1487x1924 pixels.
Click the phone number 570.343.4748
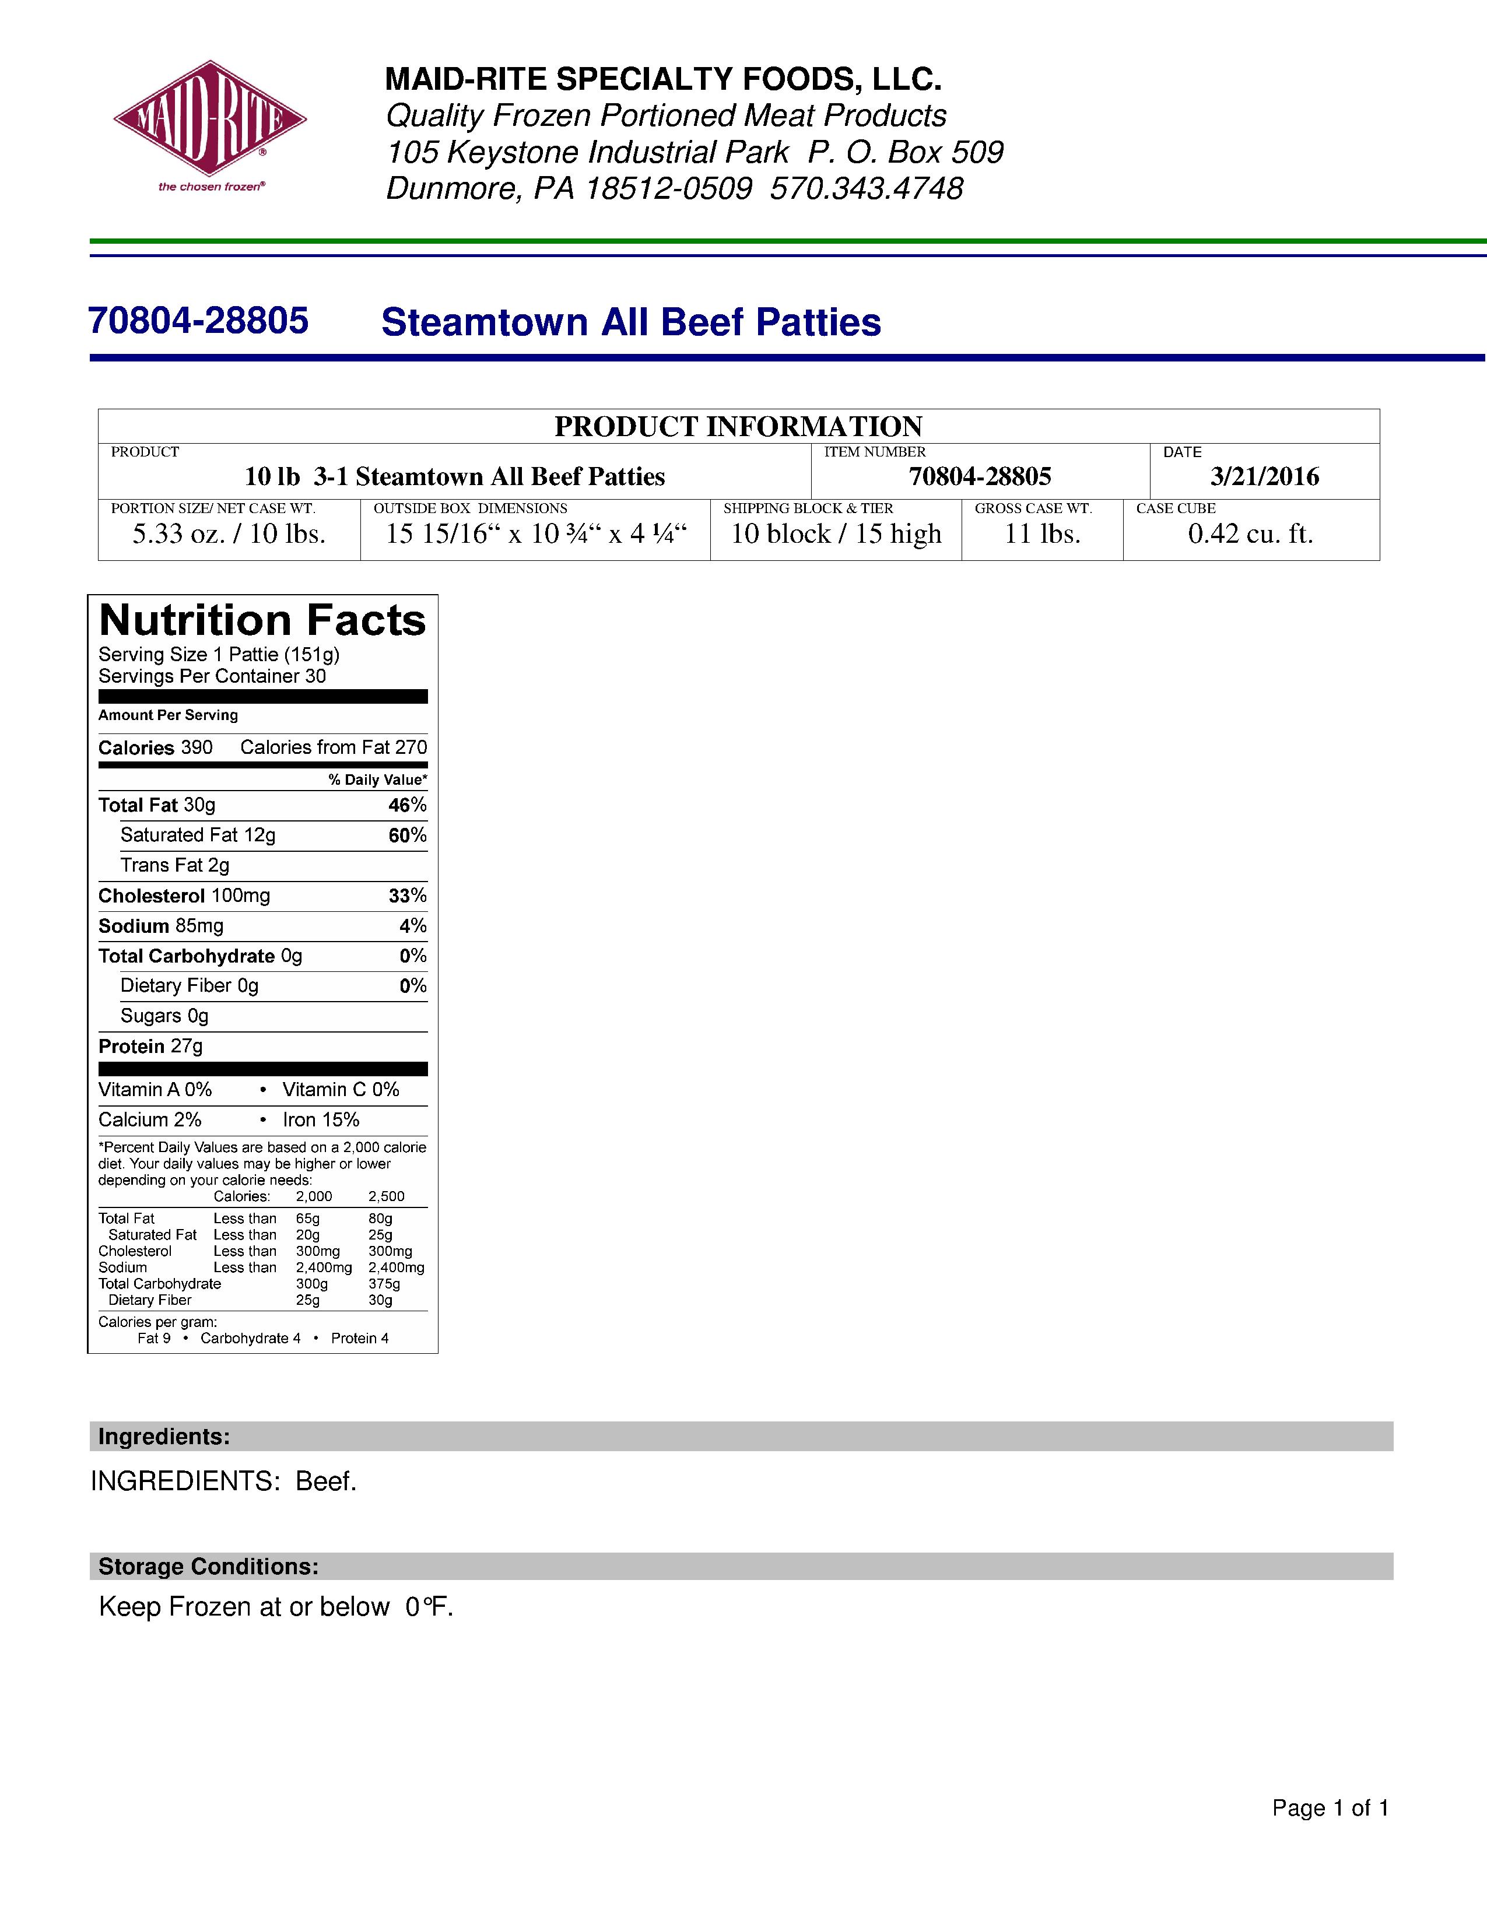coord(866,188)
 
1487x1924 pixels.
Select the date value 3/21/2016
coord(1264,476)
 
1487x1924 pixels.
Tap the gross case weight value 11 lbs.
coord(1042,534)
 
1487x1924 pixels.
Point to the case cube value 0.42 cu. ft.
coord(1250,534)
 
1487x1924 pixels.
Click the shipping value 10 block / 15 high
coord(836,534)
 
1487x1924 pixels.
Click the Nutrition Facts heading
coord(262,620)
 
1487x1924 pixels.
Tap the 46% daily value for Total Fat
coord(407,805)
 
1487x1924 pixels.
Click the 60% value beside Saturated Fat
coord(407,835)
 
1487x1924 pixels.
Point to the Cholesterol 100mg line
coord(184,896)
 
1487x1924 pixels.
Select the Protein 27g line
coord(150,1047)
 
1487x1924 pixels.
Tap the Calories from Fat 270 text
coord(333,748)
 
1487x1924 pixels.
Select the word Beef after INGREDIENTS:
coord(325,1481)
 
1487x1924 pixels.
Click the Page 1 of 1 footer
coord(1330,1809)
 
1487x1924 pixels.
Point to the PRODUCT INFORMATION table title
coord(738,426)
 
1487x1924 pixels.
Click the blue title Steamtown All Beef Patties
coord(631,322)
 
